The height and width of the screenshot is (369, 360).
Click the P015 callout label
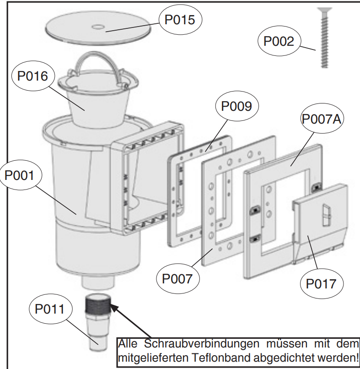pyautogui.click(x=180, y=20)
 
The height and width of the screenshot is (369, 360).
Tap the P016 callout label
pyautogui.click(x=32, y=76)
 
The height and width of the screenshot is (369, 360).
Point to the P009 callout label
pyautogui.click(x=236, y=107)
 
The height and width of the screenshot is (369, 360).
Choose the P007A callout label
pyautogui.click(x=322, y=119)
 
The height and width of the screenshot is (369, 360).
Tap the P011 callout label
pyautogui.click(x=50, y=309)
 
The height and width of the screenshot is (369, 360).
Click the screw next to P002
pyautogui.click(x=324, y=37)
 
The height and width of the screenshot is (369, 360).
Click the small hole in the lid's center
pyautogui.click(x=97, y=27)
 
